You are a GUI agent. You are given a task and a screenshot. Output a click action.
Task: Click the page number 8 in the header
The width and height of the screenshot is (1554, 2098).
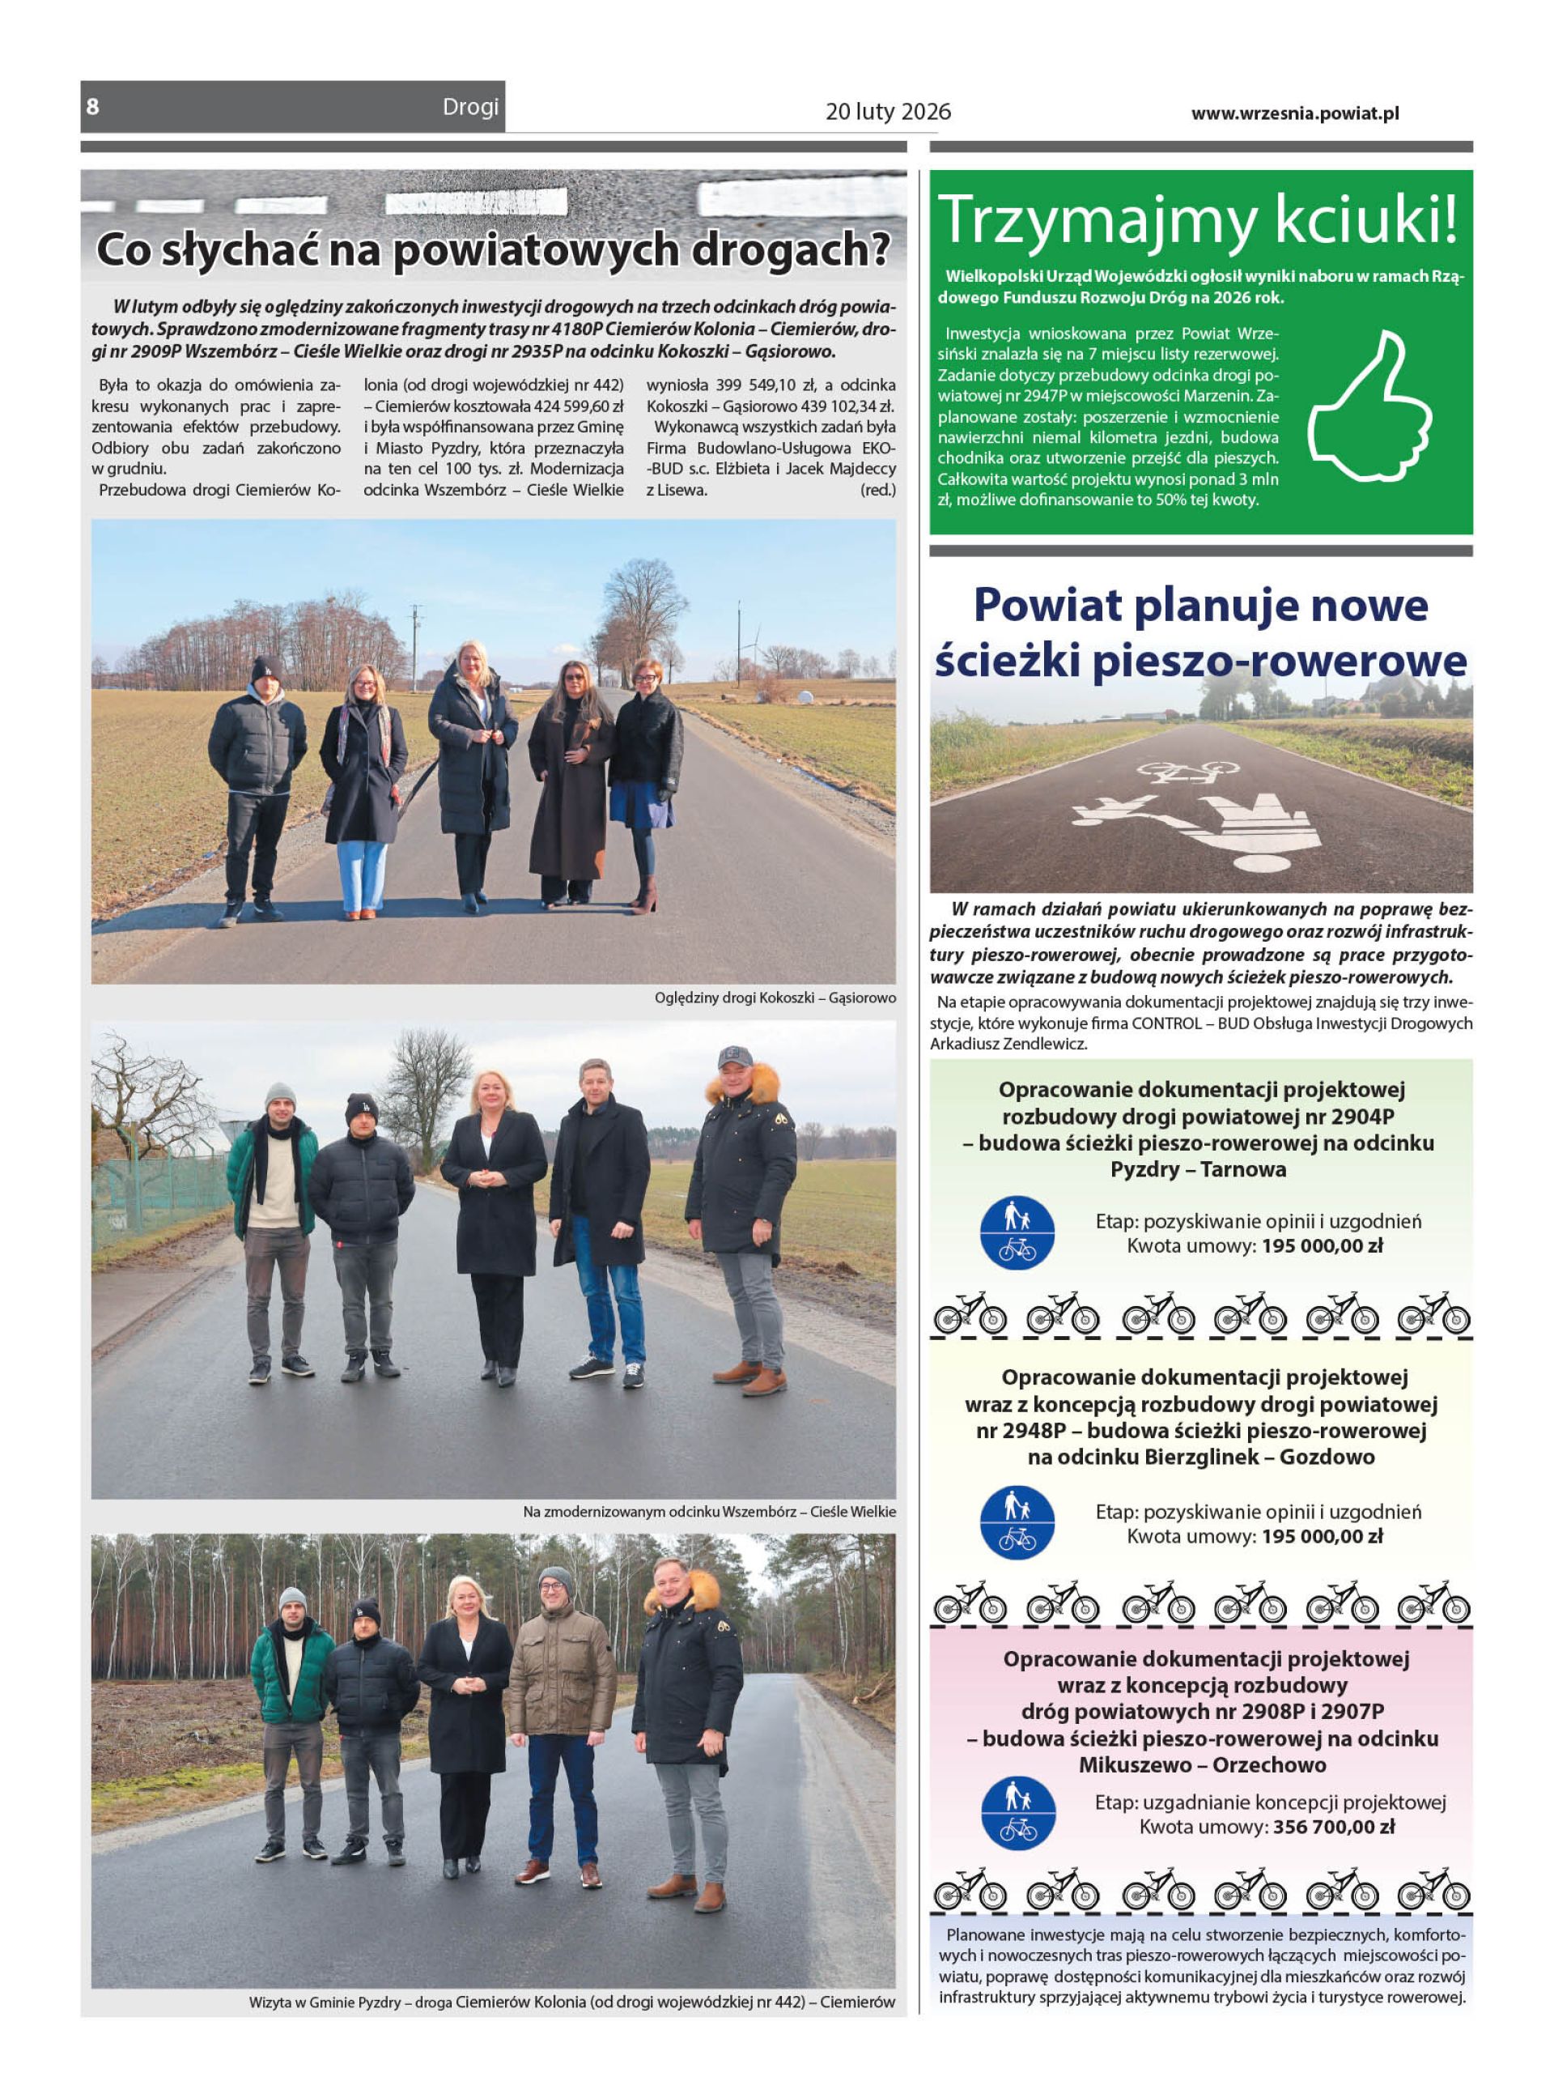point(92,106)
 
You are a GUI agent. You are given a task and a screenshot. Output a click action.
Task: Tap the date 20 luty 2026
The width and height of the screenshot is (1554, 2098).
point(887,112)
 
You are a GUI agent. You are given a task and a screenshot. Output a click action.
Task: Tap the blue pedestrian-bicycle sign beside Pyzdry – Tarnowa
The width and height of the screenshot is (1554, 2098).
point(1017,1232)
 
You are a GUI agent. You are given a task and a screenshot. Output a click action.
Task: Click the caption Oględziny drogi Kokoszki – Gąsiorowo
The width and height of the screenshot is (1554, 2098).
point(775,998)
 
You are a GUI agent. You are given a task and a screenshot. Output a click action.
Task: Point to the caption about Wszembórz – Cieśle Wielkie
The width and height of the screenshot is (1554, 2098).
point(708,1512)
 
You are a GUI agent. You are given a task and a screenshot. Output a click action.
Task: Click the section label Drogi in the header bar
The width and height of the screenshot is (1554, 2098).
point(470,107)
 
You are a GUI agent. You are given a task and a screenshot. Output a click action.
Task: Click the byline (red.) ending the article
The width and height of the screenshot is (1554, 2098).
point(877,490)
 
